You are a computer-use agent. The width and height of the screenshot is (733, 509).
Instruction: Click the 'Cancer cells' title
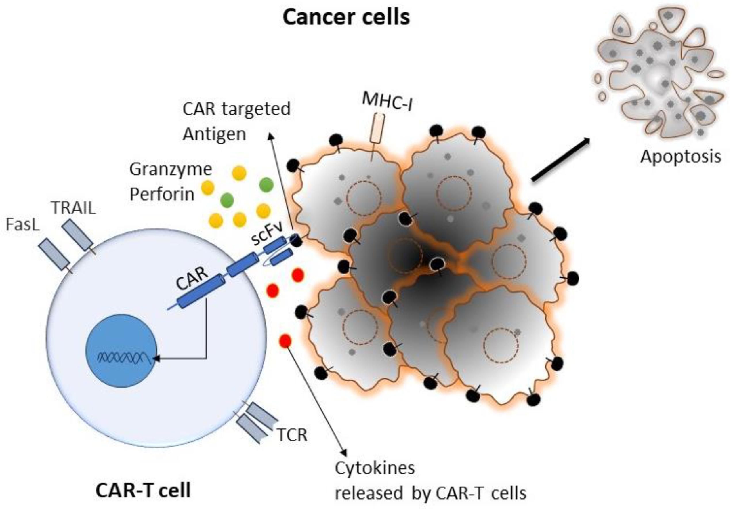click(x=346, y=17)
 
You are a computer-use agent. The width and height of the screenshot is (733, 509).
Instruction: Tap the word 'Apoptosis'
click(x=680, y=157)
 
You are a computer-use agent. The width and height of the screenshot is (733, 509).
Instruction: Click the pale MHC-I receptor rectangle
click(x=377, y=129)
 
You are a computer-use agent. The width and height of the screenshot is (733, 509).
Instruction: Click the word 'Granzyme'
click(x=170, y=169)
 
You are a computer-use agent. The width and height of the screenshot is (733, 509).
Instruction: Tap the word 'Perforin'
click(x=162, y=194)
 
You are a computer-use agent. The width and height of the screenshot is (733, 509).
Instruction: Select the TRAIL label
click(x=73, y=208)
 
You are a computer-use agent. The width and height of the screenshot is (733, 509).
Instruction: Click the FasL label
click(x=23, y=225)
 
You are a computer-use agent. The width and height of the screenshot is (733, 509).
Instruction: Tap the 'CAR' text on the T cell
click(x=192, y=278)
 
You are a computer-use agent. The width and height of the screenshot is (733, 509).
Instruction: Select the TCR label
click(x=292, y=435)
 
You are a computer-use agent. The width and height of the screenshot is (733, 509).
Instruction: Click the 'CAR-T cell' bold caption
click(x=143, y=490)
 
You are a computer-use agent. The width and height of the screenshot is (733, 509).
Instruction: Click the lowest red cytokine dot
click(x=285, y=341)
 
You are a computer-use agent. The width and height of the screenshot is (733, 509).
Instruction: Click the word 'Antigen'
click(x=214, y=134)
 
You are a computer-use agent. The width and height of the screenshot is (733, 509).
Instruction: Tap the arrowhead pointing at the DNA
click(x=156, y=359)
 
